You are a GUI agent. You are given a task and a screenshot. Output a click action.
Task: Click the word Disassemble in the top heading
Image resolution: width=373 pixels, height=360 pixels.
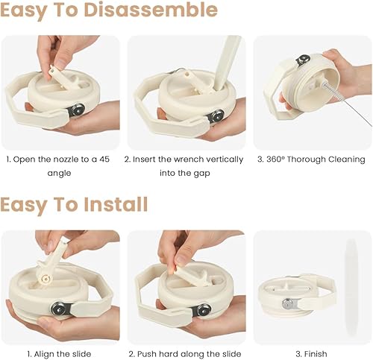click(x=151, y=10)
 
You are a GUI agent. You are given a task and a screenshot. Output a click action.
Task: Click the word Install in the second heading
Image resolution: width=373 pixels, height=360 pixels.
click(x=116, y=204)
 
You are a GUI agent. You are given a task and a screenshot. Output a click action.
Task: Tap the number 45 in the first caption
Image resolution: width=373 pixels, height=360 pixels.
click(x=104, y=160)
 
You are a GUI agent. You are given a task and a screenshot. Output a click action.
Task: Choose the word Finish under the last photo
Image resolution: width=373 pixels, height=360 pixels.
click(x=316, y=353)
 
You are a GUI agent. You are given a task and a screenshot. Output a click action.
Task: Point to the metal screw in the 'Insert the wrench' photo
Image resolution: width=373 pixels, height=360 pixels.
click(x=216, y=115)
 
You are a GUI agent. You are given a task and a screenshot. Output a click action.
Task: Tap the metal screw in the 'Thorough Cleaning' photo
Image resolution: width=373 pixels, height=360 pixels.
click(x=303, y=60)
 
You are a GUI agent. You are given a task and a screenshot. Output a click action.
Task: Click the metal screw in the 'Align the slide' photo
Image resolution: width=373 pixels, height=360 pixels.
click(x=58, y=309)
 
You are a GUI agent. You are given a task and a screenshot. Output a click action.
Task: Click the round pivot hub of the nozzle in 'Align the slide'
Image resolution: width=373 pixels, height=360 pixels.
click(x=46, y=279)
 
